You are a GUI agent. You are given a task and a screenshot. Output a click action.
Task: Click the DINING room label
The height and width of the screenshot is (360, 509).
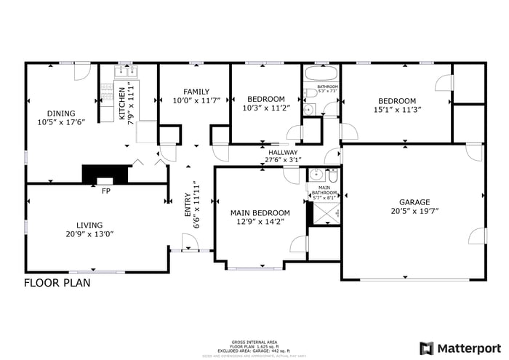click(x=61, y=113)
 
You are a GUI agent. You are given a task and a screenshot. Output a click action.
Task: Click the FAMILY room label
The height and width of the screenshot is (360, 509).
click(x=196, y=92)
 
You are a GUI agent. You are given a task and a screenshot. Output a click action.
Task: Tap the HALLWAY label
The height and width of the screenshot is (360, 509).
click(x=283, y=151)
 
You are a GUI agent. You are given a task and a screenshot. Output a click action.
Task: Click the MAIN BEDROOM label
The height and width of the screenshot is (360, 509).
click(x=260, y=213)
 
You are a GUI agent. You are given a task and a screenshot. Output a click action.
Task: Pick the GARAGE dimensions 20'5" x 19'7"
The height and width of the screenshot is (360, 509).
click(x=414, y=212)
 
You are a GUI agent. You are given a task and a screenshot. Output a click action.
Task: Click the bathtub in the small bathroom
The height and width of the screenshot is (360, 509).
click(x=320, y=74)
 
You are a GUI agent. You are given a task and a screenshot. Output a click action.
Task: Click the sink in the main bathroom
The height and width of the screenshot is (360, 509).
click(x=317, y=175)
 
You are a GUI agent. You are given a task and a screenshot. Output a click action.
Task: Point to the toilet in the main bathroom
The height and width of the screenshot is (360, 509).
click(x=332, y=176)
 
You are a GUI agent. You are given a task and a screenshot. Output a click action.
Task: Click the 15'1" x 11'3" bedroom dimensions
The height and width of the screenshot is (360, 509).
click(x=396, y=110)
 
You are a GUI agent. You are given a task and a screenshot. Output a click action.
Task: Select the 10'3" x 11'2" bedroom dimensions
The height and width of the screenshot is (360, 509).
click(x=265, y=108)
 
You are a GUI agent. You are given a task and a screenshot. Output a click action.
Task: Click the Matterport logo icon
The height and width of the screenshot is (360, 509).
click(x=427, y=348)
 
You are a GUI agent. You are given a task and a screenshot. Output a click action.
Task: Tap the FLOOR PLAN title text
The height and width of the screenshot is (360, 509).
click(x=57, y=283)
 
